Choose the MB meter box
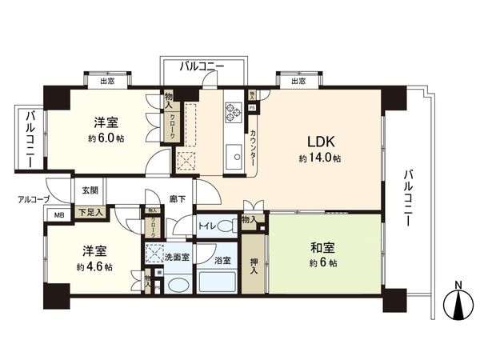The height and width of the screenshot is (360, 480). tap(58, 215)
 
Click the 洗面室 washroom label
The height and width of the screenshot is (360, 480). tap(178, 258)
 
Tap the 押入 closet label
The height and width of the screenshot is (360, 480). tap(254, 264)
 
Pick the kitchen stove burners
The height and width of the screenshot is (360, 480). tap(233, 113)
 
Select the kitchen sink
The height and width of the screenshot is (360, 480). tap(233, 155)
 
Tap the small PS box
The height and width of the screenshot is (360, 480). tap(252, 106)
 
